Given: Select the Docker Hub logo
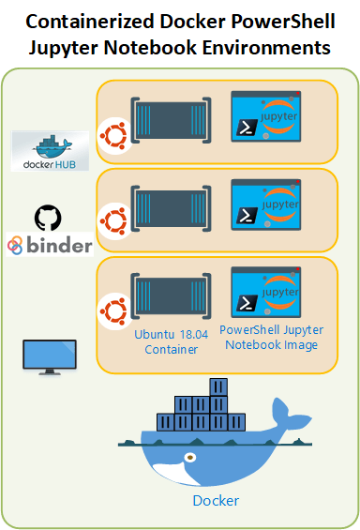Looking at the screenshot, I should [x=50, y=150].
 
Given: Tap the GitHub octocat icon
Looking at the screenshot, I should [x=46, y=219].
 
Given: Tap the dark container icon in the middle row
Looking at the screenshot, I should [x=169, y=206].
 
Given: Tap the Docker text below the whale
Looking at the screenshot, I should [x=216, y=500].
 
